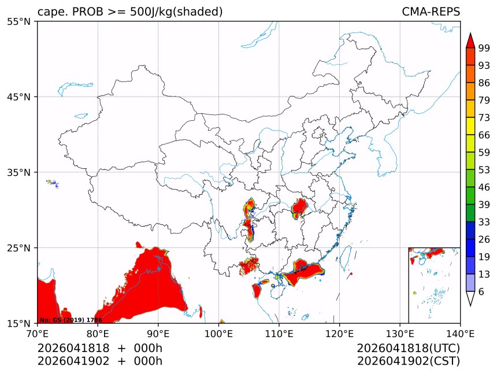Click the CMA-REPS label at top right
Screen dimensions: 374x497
(431, 12)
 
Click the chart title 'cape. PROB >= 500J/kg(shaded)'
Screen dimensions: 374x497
(130, 12)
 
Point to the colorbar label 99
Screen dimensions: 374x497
(484, 47)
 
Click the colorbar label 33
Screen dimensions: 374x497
(484, 222)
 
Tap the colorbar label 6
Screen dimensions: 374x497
(481, 292)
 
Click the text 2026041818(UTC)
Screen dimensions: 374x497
(408, 349)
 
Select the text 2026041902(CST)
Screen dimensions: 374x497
(408, 361)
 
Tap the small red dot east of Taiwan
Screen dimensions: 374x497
(351, 273)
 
